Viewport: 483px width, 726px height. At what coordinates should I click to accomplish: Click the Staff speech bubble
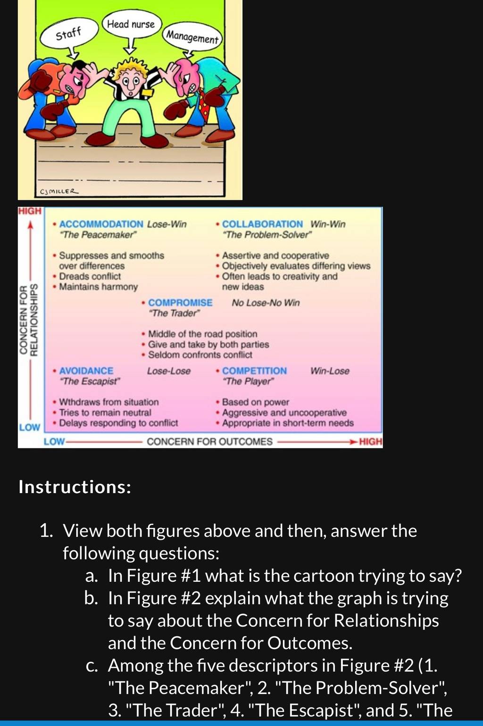(x=69, y=34)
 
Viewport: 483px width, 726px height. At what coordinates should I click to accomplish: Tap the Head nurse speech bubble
(x=131, y=25)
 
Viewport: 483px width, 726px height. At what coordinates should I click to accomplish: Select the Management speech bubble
(x=192, y=38)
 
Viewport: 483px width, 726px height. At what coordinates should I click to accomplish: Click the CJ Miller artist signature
(x=58, y=191)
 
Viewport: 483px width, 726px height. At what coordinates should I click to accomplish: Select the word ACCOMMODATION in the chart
(x=101, y=224)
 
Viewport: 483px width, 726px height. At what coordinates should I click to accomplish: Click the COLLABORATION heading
(x=262, y=224)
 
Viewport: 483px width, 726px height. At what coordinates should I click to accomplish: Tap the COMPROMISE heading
(x=180, y=303)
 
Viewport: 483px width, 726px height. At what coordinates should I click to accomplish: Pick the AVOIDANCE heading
(x=86, y=371)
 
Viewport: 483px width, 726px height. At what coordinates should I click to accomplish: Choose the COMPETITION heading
(x=254, y=371)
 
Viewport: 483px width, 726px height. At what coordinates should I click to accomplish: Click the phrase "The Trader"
(x=174, y=313)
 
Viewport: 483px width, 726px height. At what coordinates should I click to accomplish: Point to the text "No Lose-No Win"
(x=266, y=303)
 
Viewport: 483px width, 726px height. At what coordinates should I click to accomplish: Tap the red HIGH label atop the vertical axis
(x=30, y=211)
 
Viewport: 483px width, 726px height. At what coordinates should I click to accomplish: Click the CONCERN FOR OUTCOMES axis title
(x=209, y=442)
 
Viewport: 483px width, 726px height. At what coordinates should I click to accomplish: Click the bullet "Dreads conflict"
(x=90, y=276)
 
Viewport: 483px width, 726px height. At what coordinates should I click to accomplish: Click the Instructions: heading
(x=75, y=487)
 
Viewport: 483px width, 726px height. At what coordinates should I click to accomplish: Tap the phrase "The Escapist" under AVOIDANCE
(x=90, y=381)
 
